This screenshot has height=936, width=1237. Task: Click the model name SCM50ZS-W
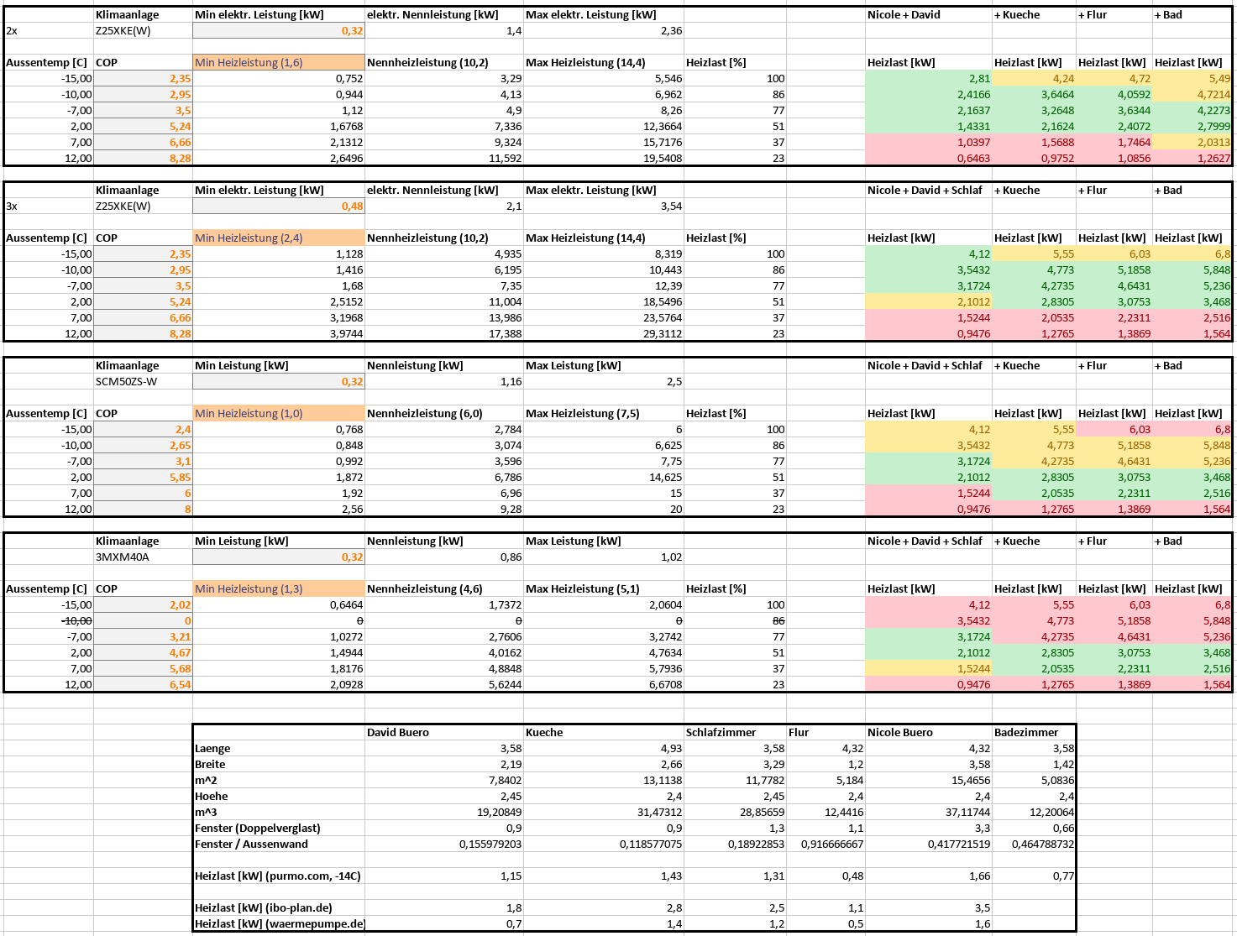click(126, 382)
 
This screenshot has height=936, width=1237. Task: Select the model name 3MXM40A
click(123, 557)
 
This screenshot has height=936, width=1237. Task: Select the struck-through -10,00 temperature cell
click(76, 620)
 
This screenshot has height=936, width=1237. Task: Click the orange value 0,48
click(352, 207)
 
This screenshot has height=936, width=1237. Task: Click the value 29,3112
click(663, 333)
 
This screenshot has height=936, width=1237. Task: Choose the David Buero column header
click(398, 732)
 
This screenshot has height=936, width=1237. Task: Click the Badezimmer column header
click(1026, 732)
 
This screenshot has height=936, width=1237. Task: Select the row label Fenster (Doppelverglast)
click(258, 828)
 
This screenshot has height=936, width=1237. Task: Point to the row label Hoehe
click(212, 796)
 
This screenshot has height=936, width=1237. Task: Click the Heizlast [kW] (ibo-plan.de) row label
click(263, 907)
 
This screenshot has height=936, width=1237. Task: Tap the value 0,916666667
click(832, 844)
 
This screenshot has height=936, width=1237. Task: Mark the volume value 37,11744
click(967, 812)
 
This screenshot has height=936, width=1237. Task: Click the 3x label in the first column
click(12, 207)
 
